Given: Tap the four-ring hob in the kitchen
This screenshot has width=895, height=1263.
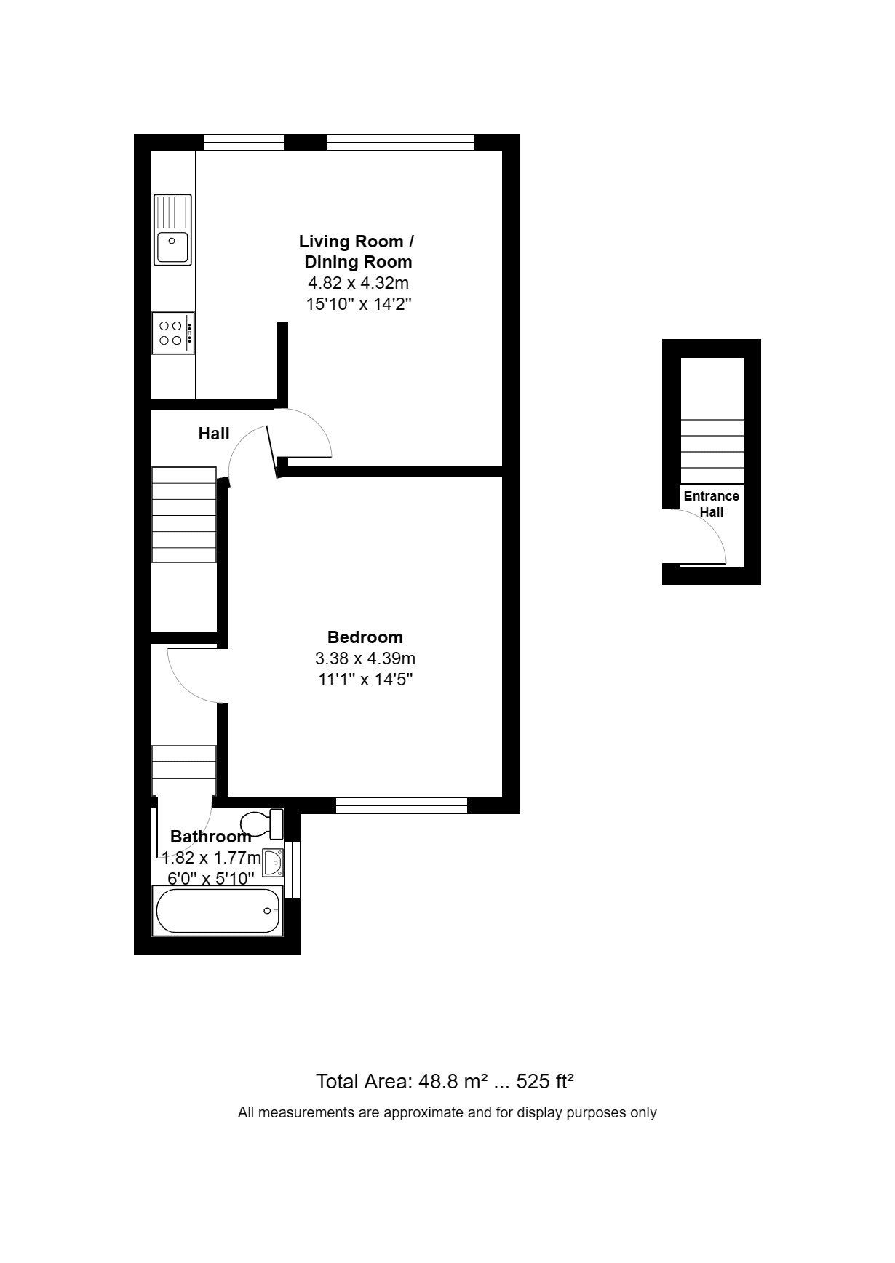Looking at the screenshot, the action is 173,333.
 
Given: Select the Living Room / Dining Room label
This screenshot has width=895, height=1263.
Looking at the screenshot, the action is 357,252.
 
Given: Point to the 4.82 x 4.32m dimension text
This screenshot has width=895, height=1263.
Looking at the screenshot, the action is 358,283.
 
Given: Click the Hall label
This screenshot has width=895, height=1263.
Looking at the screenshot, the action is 214,434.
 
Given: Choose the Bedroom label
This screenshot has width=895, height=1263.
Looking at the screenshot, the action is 365,637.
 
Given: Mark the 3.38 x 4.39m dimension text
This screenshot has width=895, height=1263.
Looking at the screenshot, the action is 365,658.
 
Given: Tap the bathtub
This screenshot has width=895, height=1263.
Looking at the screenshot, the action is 217,911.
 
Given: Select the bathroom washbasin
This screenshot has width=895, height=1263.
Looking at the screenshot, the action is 273,864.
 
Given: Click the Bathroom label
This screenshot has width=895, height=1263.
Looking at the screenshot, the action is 211,837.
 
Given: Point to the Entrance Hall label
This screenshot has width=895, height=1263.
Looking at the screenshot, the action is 712,503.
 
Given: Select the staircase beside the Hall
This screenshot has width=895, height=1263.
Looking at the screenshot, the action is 184,514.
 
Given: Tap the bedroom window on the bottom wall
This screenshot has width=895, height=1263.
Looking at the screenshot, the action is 402,805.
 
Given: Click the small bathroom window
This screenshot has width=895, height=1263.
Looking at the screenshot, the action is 293,869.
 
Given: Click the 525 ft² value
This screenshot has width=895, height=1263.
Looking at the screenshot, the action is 546,1081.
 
